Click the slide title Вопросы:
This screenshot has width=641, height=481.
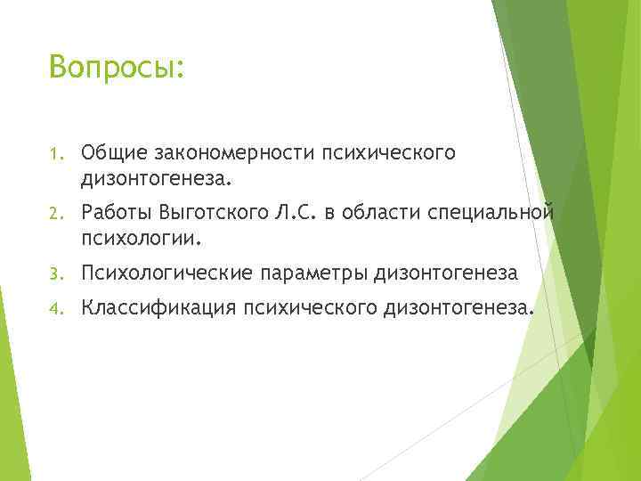[x=117, y=68]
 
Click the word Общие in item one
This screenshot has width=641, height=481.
[x=112, y=153]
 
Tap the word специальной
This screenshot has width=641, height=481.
[x=504, y=212]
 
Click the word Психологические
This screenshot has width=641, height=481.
[x=169, y=272]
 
